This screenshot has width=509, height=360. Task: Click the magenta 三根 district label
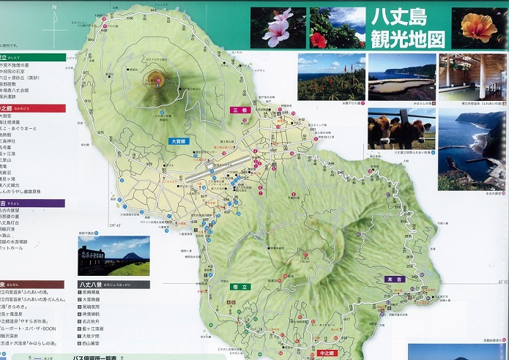coord(240,110)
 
